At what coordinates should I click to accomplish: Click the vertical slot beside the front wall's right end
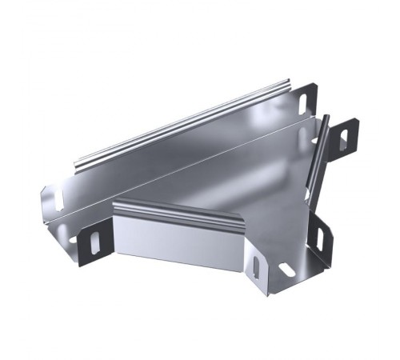(255, 266)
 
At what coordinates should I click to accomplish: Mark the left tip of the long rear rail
(78, 167)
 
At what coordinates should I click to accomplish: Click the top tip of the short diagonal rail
(326, 118)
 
